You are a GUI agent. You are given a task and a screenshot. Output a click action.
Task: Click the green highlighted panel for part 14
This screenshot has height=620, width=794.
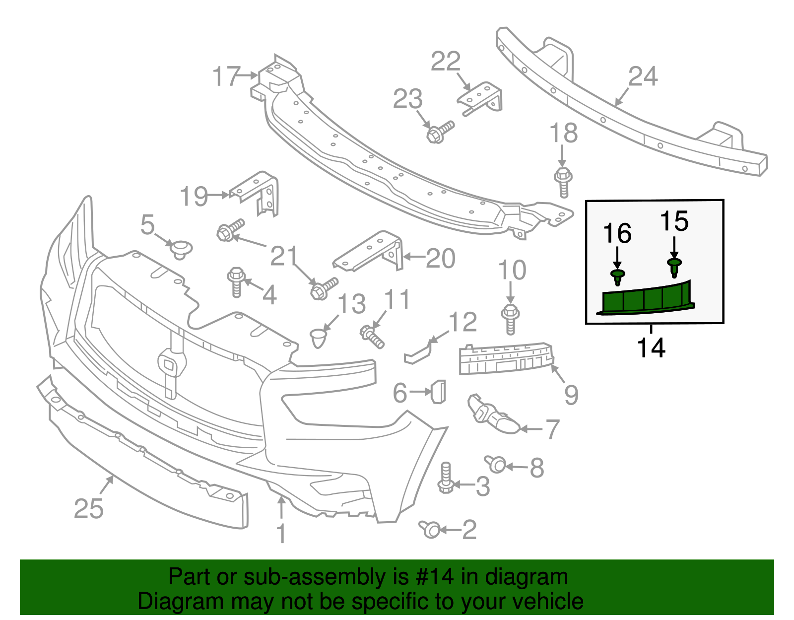(645, 300)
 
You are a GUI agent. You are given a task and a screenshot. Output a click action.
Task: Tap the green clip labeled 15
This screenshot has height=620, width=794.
(674, 267)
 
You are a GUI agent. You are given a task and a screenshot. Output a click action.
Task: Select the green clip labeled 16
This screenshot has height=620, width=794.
(617, 277)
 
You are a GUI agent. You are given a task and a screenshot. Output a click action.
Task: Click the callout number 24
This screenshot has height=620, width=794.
(643, 76)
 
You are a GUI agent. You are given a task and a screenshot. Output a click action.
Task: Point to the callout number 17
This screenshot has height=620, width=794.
(226, 76)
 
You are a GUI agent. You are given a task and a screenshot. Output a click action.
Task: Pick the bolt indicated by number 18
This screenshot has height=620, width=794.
(563, 181)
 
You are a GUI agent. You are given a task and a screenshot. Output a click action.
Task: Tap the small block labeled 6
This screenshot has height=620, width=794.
(438, 391)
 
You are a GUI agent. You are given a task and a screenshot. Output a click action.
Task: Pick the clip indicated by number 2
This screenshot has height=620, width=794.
(430, 529)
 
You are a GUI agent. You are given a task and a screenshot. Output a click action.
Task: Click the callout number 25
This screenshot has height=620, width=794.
(89, 508)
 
